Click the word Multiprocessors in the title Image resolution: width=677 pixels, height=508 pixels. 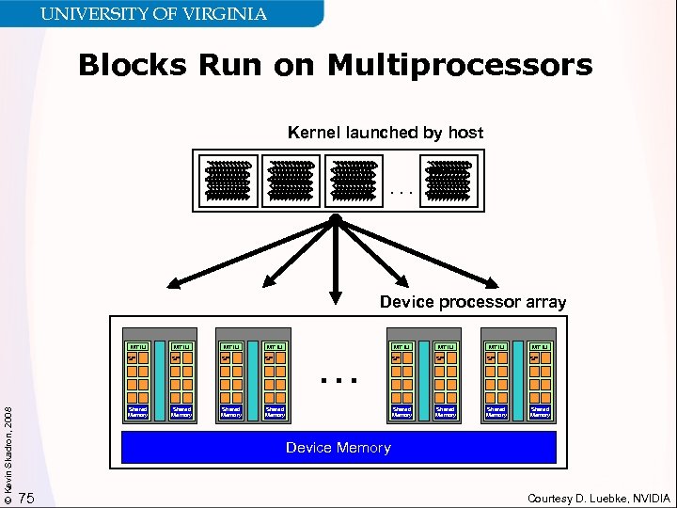(460, 66)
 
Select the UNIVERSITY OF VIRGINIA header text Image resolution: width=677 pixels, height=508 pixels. (153, 14)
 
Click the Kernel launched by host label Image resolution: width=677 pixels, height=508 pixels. (386, 133)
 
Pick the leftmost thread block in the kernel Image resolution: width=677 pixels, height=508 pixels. (228, 181)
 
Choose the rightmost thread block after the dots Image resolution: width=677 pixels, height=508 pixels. (448, 181)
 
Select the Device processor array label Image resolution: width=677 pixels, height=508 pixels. (472, 302)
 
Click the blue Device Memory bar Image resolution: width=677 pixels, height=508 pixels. (338, 448)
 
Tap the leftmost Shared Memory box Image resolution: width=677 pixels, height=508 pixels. (137, 411)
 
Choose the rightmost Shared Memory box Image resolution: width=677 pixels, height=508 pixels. (540, 411)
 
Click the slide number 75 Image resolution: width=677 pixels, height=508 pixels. (27, 498)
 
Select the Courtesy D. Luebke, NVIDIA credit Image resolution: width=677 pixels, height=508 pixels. (599, 498)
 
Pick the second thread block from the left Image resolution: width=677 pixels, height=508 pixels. (291, 181)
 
